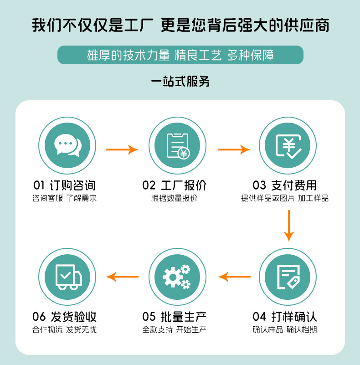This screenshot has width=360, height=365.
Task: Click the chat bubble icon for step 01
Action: tap(67, 146)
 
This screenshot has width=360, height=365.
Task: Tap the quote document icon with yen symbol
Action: tap(177, 146)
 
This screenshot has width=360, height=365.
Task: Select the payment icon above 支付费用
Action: tap(288, 146)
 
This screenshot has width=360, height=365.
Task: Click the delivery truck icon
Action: tap(67, 277)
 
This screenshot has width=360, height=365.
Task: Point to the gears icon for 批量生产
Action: tap(177, 277)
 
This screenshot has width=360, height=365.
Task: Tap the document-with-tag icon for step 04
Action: tap(288, 277)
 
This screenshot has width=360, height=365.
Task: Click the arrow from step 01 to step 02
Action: tap(122, 149)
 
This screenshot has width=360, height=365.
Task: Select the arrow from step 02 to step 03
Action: tap(234, 149)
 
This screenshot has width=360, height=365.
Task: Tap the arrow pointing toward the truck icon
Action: tap(122, 277)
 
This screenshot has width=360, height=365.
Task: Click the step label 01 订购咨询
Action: tap(65, 185)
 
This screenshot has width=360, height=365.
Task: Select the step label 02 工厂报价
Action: tap(175, 185)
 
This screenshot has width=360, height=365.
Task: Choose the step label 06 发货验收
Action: tap(65, 317)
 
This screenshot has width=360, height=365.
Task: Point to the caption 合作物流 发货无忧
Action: tap(65, 329)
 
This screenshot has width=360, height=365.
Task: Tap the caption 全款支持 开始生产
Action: tap(175, 329)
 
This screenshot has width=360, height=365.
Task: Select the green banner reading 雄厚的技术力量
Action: tap(180, 55)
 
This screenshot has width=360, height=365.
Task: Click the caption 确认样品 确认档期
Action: tap(285, 329)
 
